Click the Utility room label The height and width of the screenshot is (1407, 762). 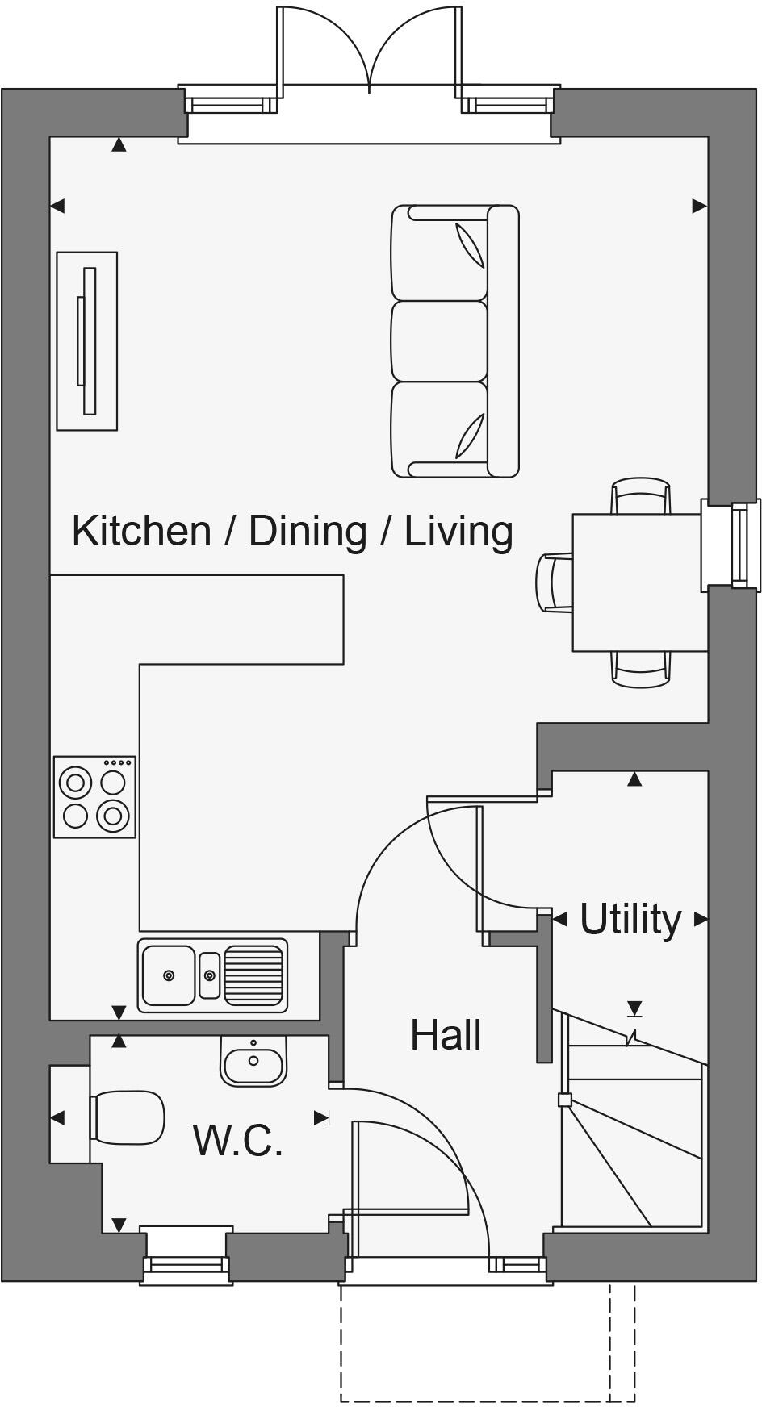(630, 919)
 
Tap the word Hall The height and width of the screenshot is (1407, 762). (446, 1035)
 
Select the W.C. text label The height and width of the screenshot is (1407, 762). (238, 1140)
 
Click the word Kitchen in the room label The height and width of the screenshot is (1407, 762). (141, 531)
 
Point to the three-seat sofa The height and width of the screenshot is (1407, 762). (454, 341)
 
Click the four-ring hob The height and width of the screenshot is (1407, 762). (94, 797)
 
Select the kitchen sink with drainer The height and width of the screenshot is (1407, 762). (212, 975)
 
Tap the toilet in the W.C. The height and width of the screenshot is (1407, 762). (127, 1117)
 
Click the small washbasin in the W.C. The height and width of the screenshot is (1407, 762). (253, 1062)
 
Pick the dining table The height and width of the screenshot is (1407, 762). (636, 582)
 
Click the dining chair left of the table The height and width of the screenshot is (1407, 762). (555, 582)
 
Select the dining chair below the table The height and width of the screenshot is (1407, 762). (640, 669)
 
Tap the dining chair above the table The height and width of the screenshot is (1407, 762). (640, 495)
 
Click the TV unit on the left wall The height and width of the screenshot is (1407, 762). (86, 341)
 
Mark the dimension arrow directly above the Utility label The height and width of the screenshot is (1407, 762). (634, 779)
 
